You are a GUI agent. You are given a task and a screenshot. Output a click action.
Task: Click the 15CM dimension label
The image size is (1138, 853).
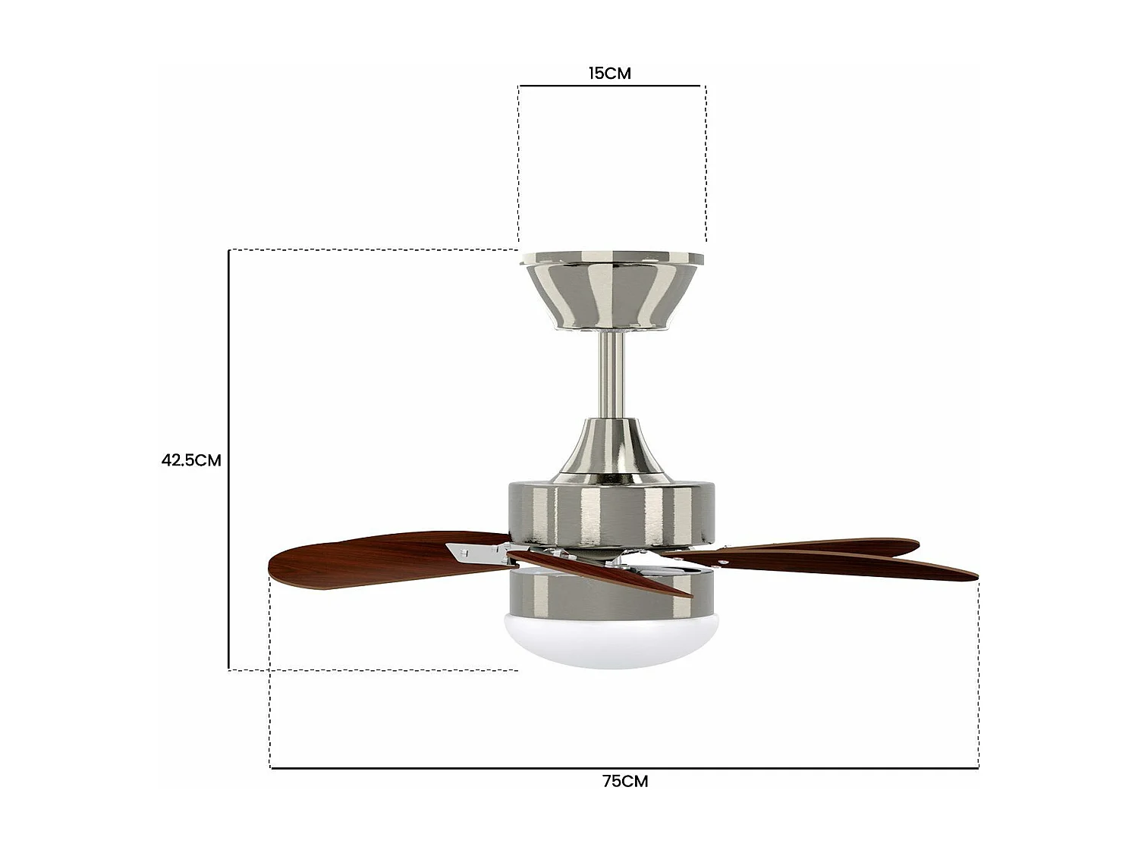609,74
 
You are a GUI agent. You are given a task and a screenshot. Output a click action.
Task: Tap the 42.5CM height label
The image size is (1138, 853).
191,459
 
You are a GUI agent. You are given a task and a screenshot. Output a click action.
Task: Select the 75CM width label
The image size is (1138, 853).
625,782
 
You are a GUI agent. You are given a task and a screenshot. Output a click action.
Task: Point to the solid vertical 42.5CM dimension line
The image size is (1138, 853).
229,459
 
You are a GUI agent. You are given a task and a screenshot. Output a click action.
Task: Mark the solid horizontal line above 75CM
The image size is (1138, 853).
624,768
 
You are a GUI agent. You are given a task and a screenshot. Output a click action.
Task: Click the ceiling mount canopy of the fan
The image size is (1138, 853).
611,292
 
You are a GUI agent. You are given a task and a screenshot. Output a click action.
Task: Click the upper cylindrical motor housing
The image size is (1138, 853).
611,512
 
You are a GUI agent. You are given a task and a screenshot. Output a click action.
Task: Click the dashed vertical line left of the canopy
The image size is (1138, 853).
519,163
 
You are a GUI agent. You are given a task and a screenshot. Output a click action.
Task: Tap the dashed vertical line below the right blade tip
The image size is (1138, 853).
979,675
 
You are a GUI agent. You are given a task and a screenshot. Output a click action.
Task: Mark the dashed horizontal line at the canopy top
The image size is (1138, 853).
372,249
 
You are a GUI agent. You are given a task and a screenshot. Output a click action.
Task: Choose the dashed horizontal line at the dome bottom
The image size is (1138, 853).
372,670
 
